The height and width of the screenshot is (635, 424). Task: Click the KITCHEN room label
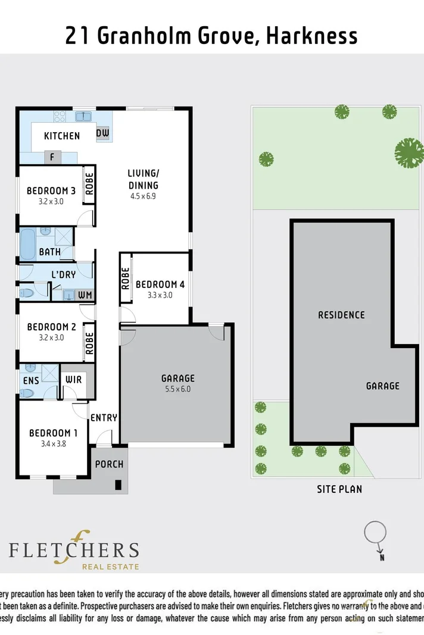(x=62, y=136)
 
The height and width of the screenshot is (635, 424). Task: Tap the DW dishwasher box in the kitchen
(x=103, y=134)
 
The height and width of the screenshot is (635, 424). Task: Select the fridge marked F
(x=52, y=158)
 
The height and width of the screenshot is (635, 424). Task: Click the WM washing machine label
(x=85, y=295)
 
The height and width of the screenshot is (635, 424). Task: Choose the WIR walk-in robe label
(x=74, y=380)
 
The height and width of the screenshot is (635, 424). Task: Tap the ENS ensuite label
(x=30, y=380)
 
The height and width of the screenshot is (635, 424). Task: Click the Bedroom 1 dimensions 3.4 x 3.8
(x=54, y=443)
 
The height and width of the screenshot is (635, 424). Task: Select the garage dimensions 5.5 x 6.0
(x=177, y=389)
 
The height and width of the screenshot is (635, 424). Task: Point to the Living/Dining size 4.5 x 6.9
(x=144, y=196)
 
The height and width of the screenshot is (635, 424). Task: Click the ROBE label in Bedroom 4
(x=126, y=278)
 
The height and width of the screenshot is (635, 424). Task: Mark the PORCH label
(x=110, y=464)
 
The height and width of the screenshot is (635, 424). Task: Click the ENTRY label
(x=104, y=418)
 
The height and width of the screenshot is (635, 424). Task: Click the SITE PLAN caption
(x=339, y=489)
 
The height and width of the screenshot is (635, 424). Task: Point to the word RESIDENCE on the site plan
(x=341, y=315)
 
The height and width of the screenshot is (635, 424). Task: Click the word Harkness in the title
(x=311, y=36)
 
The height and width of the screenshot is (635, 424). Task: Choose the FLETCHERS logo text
(x=74, y=550)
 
